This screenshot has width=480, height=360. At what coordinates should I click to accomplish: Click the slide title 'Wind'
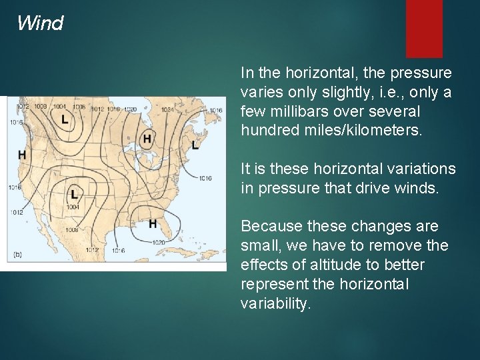[40, 24]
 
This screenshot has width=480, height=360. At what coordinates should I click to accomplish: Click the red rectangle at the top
[424, 28]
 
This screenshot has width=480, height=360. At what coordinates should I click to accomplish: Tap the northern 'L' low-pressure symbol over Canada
[64, 120]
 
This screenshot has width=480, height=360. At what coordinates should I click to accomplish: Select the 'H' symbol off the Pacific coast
[22, 155]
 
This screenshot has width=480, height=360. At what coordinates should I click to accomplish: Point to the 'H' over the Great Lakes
[147, 139]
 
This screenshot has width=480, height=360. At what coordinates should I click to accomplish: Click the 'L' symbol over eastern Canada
[195, 145]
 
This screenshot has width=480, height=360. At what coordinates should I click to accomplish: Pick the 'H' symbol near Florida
[153, 223]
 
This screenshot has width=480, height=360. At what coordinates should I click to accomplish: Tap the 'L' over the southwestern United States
[73, 194]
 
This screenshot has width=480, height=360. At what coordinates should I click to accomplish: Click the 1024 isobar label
[167, 109]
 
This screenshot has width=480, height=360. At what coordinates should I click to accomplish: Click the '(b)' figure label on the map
[19, 254]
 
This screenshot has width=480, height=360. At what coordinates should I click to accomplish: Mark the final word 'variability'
[275, 303]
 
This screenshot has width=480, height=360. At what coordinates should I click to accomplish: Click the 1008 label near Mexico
[72, 230]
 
